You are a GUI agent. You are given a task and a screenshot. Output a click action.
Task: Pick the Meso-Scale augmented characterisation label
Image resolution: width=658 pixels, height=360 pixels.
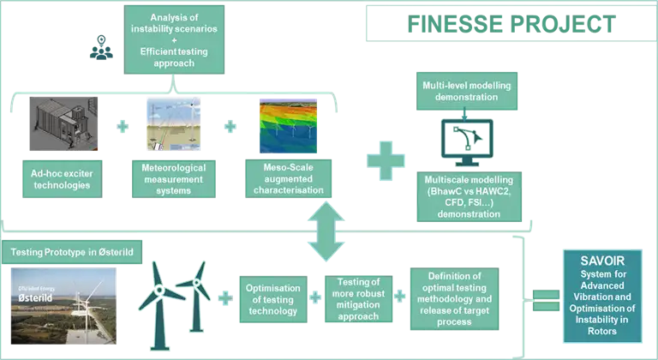coord(289,178)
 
